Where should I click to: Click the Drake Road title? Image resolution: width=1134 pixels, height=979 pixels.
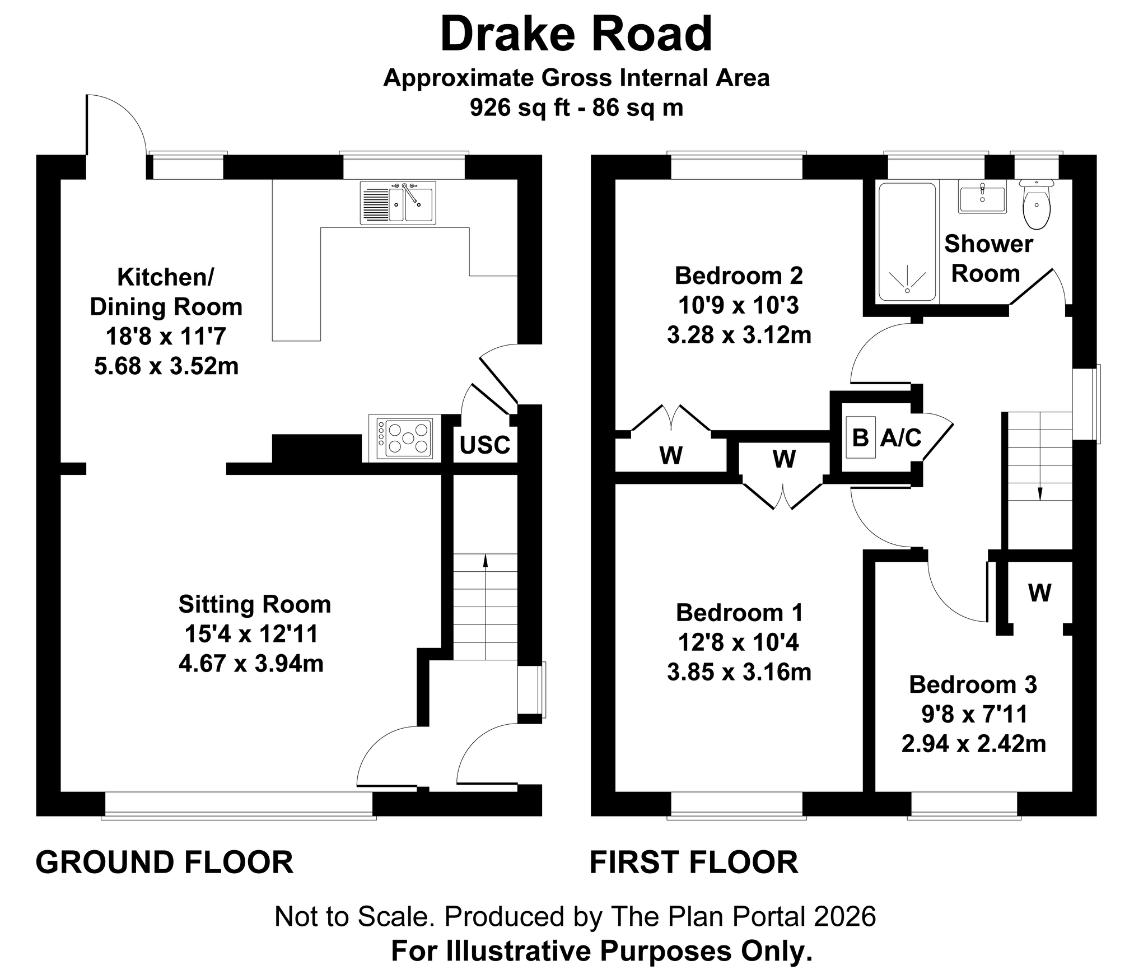pyautogui.click(x=576, y=35)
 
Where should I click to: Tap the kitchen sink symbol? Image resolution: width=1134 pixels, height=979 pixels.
pyautogui.click(x=398, y=202)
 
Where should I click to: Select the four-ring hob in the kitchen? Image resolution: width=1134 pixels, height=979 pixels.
pyautogui.click(x=404, y=439)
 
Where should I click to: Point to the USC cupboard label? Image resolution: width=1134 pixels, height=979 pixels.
pyautogui.click(x=485, y=445)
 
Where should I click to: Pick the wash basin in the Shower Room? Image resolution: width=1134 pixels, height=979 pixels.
pyautogui.click(x=982, y=196)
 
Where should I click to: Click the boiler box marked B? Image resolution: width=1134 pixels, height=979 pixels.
pyautogui.click(x=860, y=437)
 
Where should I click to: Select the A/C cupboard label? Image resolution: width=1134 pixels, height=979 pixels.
pyautogui.click(x=900, y=438)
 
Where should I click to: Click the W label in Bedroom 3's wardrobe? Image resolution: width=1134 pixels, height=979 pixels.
pyautogui.click(x=1039, y=592)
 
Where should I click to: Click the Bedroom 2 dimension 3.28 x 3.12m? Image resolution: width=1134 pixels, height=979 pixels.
pyautogui.click(x=739, y=335)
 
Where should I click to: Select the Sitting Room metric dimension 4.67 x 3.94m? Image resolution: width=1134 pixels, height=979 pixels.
pyautogui.click(x=251, y=664)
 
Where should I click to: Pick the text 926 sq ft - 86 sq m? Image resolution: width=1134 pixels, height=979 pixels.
pyautogui.click(x=576, y=108)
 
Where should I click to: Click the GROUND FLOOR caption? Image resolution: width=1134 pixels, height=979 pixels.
pyautogui.click(x=165, y=862)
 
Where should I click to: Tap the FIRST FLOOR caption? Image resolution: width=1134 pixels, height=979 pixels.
pyautogui.click(x=694, y=862)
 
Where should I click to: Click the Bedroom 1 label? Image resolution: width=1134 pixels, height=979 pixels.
pyautogui.click(x=739, y=613)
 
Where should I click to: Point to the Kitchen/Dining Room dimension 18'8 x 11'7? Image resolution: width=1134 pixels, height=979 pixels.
pyautogui.click(x=166, y=337)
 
